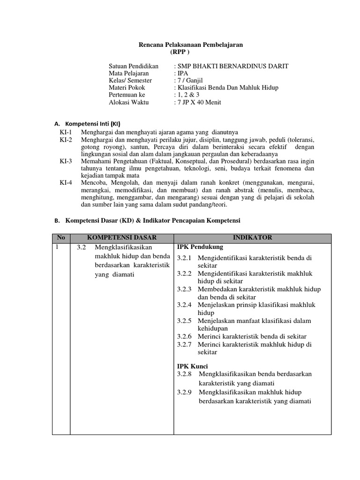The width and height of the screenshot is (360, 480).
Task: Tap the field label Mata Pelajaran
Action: (129, 74)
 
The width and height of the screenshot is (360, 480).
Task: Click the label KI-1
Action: (66, 133)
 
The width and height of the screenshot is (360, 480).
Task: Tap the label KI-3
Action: (66, 161)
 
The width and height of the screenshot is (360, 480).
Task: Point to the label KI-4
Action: (66, 183)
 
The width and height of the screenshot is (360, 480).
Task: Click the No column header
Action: (61, 238)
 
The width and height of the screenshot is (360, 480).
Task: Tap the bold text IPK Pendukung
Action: (200, 247)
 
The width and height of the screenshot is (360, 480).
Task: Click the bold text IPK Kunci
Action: (193, 366)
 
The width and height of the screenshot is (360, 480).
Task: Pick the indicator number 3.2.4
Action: (185, 305)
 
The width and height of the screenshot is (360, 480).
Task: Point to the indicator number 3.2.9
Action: (185, 392)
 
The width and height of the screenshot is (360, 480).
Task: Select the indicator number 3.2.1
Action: (185, 258)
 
